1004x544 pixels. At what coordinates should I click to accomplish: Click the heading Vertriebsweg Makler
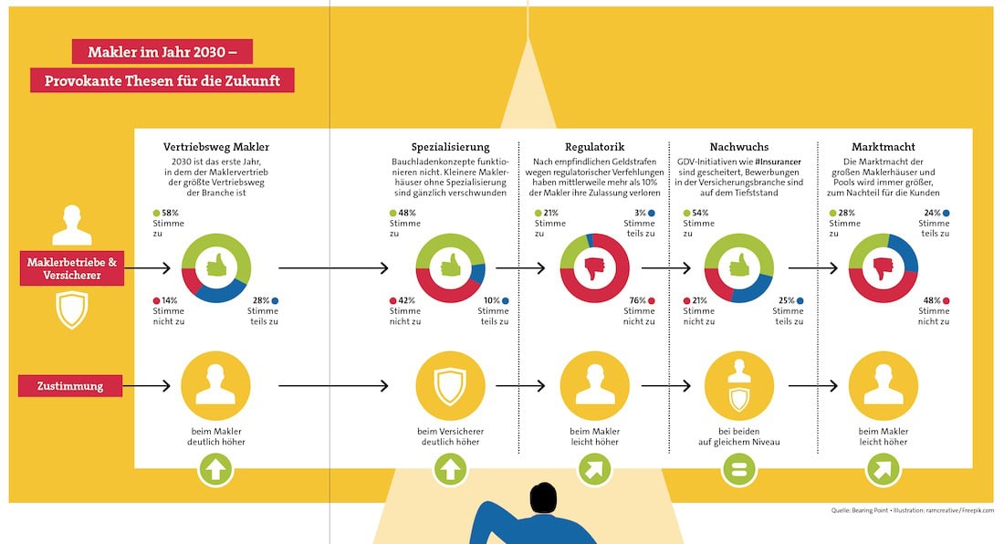(x=216, y=146)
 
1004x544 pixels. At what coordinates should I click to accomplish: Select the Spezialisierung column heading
(x=450, y=146)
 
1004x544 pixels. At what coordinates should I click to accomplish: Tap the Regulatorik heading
(x=594, y=146)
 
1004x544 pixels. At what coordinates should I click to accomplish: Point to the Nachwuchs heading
(x=738, y=146)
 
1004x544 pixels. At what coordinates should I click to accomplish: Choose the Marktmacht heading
(x=883, y=146)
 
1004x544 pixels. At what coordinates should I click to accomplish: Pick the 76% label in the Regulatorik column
(x=636, y=300)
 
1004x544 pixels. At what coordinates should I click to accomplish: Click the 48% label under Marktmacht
(x=931, y=300)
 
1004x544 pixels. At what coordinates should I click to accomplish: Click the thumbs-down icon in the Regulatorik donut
(x=594, y=268)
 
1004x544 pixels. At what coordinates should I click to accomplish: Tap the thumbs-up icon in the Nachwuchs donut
(x=739, y=268)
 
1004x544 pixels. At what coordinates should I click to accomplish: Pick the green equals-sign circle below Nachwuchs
(x=738, y=470)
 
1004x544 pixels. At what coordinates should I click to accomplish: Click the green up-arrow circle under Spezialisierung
(x=450, y=470)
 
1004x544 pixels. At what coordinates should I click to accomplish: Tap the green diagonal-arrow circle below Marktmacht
(x=883, y=470)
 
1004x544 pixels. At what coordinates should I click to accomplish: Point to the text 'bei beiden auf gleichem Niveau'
(x=738, y=436)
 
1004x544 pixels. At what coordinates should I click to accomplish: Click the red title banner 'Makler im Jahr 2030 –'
(x=162, y=51)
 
